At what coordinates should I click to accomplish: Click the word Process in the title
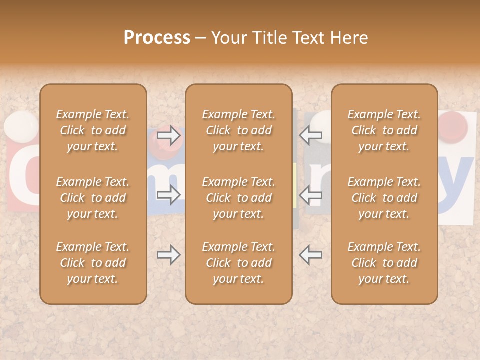coord(157,38)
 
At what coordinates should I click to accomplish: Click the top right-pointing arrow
coord(169,135)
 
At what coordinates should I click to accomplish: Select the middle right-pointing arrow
coord(169,195)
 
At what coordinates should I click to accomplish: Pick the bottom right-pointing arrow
coord(169,255)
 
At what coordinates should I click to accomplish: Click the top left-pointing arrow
coord(310,135)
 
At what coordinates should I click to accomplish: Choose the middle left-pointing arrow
coord(310,195)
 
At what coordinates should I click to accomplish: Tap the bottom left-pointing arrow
coord(310,255)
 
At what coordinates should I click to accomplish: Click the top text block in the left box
coord(93,130)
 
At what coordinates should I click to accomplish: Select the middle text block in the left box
coord(93,198)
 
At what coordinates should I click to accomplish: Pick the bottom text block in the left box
coord(93,263)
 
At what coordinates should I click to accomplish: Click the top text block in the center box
coord(238,130)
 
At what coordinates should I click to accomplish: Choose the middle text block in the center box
coord(238,198)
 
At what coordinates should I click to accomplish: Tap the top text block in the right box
coord(384,130)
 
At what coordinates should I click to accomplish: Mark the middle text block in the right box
coord(384,198)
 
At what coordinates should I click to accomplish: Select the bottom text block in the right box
coord(384,263)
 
